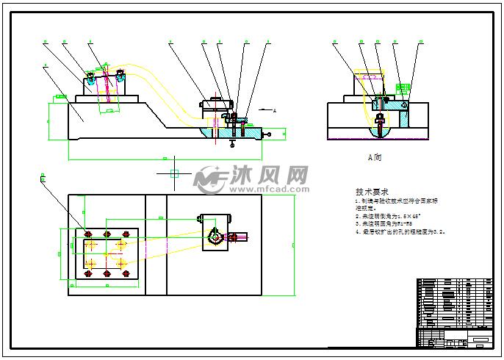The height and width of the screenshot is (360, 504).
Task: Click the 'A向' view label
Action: tap(375, 157)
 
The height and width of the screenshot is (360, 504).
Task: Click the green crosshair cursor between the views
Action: tap(174, 173)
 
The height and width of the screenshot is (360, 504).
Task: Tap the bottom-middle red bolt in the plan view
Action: tap(107, 274)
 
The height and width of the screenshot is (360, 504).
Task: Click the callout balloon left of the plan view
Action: tap(43, 179)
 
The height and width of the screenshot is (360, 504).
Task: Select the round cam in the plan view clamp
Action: tap(217, 236)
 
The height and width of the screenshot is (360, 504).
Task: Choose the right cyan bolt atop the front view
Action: tap(119, 73)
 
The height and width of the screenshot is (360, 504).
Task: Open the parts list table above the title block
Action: tap(454, 303)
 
